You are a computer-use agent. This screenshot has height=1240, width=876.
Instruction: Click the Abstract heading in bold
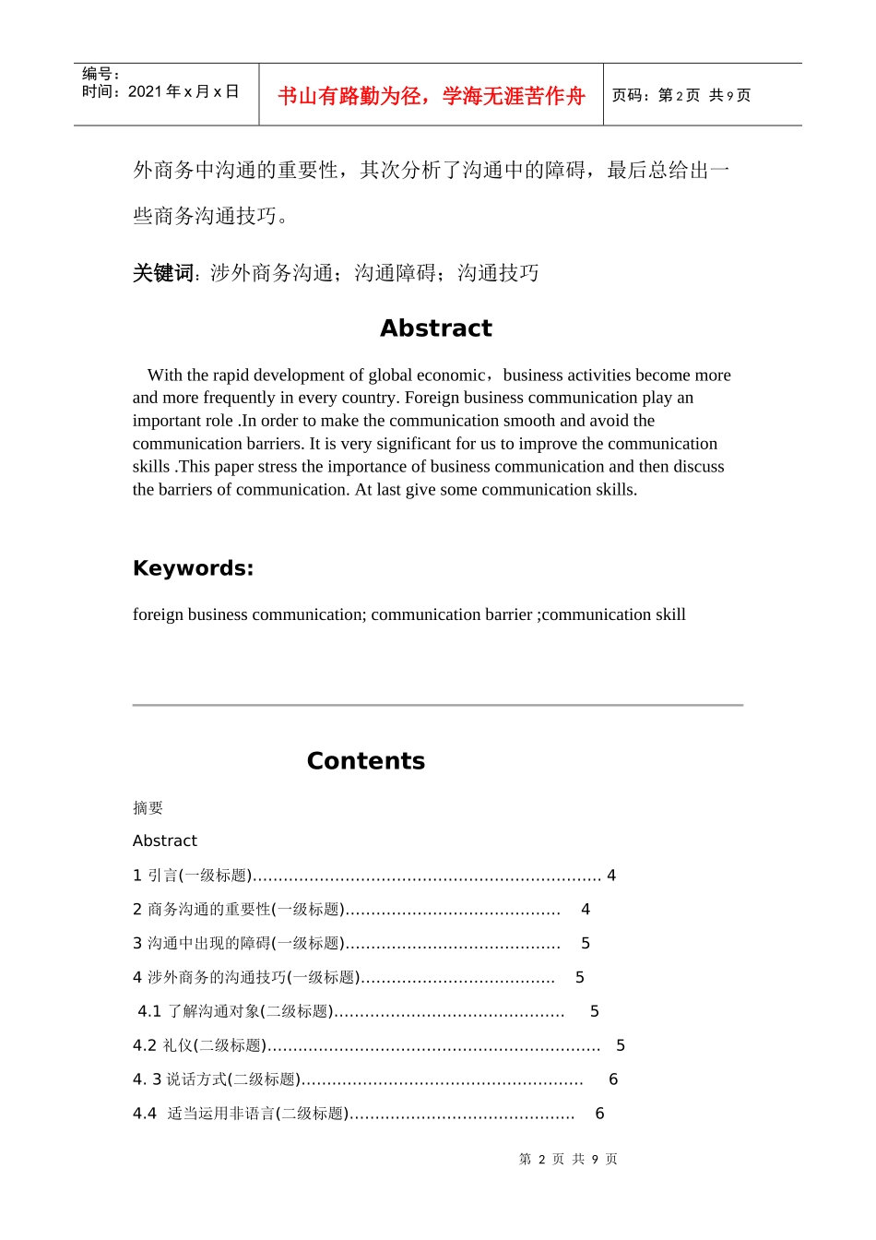(x=435, y=328)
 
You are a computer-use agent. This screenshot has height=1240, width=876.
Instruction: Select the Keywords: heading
(x=193, y=568)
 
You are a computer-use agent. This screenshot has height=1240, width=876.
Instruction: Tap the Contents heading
(x=365, y=761)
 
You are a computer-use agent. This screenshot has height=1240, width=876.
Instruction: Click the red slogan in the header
(x=431, y=96)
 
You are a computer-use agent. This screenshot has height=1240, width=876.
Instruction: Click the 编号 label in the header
(x=100, y=74)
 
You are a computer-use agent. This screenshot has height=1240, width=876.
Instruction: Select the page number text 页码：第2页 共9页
(x=681, y=96)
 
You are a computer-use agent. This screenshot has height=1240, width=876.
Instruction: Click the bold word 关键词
(x=162, y=273)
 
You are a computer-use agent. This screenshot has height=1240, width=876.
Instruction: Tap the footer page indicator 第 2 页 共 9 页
(x=568, y=1159)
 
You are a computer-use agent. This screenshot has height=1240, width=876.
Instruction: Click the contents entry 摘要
(x=148, y=808)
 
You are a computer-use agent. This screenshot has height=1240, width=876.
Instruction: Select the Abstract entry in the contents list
(x=165, y=841)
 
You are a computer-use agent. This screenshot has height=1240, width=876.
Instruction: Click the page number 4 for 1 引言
(x=611, y=876)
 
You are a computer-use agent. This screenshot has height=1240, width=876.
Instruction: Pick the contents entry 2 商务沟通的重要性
(x=237, y=910)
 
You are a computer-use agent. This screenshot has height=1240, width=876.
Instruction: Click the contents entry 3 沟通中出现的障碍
(x=237, y=944)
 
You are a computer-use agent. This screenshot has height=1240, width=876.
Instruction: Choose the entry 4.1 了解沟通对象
(x=235, y=1012)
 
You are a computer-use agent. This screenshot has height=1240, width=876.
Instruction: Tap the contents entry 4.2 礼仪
(x=198, y=1046)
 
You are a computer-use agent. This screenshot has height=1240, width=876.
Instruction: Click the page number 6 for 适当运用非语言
(x=599, y=1114)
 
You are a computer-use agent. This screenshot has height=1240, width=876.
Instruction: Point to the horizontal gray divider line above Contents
(x=437, y=705)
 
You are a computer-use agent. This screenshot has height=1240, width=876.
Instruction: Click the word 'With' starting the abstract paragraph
(x=164, y=376)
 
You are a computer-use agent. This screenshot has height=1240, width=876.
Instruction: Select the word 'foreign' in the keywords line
(x=158, y=614)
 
